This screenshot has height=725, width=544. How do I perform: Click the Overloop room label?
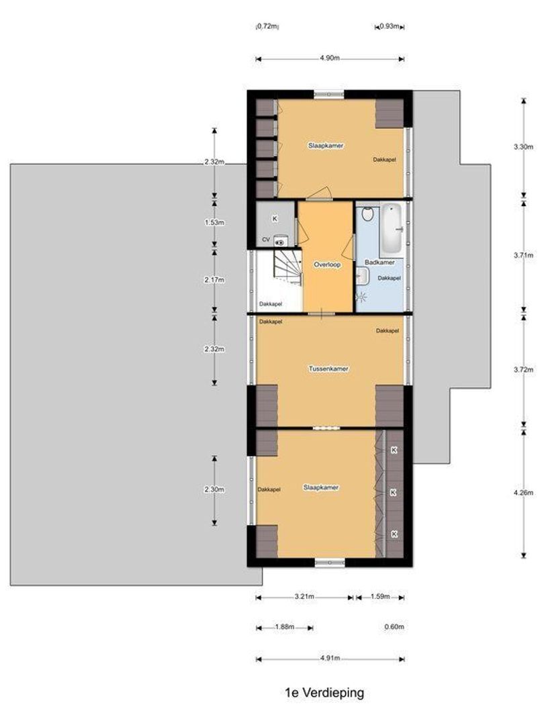327,264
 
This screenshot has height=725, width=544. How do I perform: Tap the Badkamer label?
379,262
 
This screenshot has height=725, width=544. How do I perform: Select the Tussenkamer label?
328,369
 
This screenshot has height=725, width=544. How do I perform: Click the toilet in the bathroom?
367,215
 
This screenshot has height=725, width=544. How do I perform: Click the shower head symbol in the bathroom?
361,296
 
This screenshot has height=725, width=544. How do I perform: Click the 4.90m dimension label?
329,59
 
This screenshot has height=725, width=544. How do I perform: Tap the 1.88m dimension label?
285,628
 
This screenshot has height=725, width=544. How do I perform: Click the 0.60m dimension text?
394,628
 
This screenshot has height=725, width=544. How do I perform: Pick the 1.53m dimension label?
215,222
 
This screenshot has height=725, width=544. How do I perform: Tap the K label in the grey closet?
275,219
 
